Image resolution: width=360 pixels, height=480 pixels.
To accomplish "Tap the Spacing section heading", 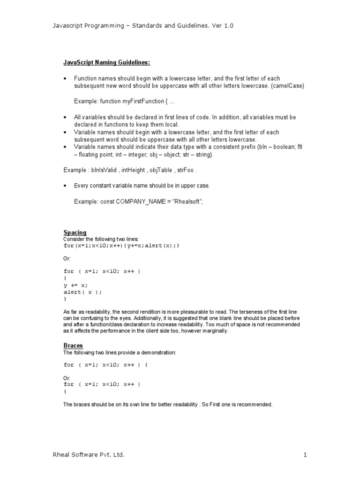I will pyautogui.click(x=75, y=232).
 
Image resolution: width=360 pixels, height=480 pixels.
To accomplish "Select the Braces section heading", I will pyautogui.click(x=74, y=345).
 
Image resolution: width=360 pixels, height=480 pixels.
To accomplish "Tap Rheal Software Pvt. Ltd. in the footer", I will pyautogui.click(x=89, y=455).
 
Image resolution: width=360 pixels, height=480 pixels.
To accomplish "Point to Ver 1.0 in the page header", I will pyautogui.click(x=221, y=26).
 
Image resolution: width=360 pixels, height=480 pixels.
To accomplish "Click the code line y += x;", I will pyautogui.click(x=75, y=285).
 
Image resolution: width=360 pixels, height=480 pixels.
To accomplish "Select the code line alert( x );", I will pyautogui.click(x=82, y=292).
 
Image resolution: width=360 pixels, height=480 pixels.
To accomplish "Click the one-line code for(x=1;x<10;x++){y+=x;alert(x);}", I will pyautogui.click(x=121, y=245).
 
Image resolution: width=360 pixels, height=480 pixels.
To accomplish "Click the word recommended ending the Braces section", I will pyautogui.click(x=255, y=404).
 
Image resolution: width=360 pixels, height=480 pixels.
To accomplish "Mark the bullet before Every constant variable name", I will pyautogui.click(x=66, y=186).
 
